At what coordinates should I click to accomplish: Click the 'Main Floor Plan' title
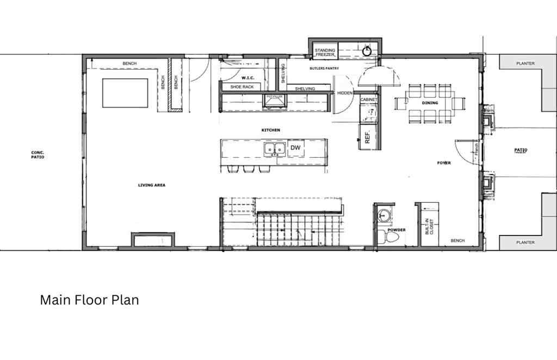pos(89,300)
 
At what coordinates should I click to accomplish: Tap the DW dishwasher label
pos(295,147)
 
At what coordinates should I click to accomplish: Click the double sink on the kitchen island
pos(275,148)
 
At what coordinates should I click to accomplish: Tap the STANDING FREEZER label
pos(325,52)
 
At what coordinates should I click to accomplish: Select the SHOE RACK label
pos(242,87)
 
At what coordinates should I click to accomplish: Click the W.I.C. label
pos(240,77)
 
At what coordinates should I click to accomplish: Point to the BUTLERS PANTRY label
pos(325,69)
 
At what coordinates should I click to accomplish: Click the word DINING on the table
pos(430,103)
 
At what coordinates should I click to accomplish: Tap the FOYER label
pos(444,163)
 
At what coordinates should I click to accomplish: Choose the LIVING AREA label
pos(151,185)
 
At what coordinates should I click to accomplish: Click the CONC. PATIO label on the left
pos(37,155)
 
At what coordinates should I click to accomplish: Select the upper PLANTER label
pos(525,64)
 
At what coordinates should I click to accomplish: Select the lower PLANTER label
pos(525,243)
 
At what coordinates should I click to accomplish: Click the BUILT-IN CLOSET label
pos(430,227)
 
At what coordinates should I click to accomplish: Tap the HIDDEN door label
pos(345,93)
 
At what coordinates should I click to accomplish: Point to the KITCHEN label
pos(270,131)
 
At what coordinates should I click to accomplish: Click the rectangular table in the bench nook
pos(125,93)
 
